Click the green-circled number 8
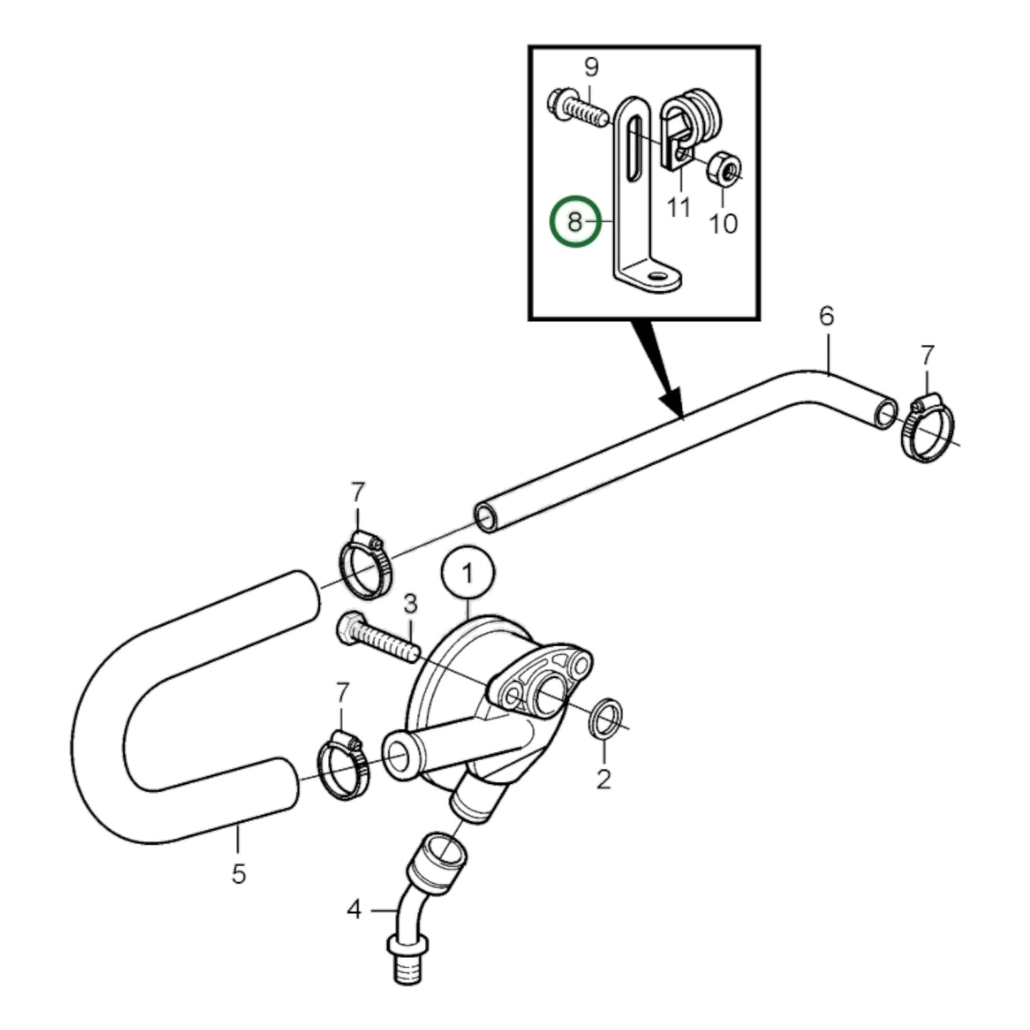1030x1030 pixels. pyautogui.click(x=575, y=222)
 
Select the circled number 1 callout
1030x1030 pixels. pyautogui.click(x=468, y=573)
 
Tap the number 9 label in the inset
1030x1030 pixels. pyautogui.click(x=591, y=68)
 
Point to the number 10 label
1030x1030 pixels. pyautogui.click(x=723, y=224)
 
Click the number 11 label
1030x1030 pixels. pyautogui.click(x=679, y=207)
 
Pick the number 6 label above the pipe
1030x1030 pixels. pyautogui.click(x=826, y=316)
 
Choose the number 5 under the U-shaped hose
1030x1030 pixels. pyautogui.click(x=239, y=873)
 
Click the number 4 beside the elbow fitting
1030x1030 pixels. pyautogui.click(x=355, y=910)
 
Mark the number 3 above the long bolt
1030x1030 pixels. pyautogui.click(x=410, y=604)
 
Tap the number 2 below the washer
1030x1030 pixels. pyautogui.click(x=604, y=779)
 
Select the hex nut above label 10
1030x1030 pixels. pyautogui.click(x=723, y=169)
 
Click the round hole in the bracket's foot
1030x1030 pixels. pyautogui.click(x=656, y=274)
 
